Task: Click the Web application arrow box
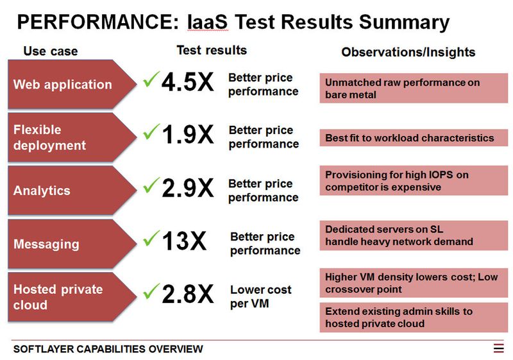pos(67,84)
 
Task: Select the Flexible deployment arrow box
pos(67,137)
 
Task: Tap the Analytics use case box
pos(67,191)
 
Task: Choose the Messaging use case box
pos(67,244)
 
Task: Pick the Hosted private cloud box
pos(67,296)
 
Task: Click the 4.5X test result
pos(187,83)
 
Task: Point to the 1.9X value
pos(187,136)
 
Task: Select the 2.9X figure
pos(187,189)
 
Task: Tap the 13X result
pos(184,242)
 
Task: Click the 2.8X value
pos(187,295)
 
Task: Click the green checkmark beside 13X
pos(151,239)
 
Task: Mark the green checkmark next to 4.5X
pos(151,80)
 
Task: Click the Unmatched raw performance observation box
pos(414,89)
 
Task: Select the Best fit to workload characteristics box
pos(414,138)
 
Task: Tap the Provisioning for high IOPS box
pos(414,180)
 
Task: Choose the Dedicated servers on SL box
pos(414,236)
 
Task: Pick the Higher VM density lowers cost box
pos(414,283)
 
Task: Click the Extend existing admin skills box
pos(414,318)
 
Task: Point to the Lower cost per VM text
pos(260,296)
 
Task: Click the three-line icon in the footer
pos(499,348)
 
